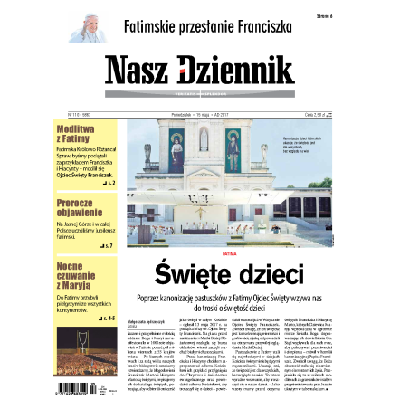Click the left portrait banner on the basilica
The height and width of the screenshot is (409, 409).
pos(177,151)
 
